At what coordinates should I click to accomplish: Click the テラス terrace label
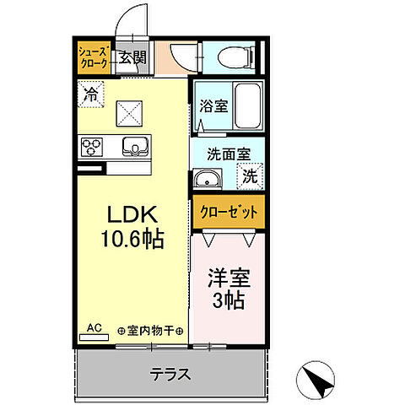(170, 375)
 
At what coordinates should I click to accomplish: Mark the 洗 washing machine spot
(251, 177)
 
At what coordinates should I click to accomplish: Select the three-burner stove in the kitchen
(92, 148)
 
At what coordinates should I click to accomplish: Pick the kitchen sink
(133, 147)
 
